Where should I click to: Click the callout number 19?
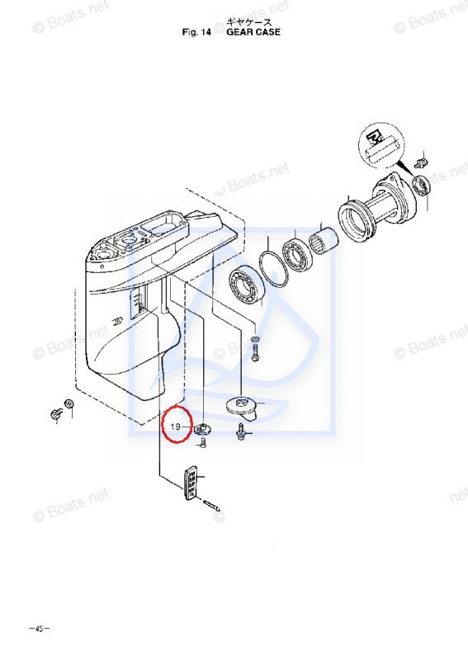175,427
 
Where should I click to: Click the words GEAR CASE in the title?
253,32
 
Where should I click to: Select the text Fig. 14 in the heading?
196,32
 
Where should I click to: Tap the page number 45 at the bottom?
39,629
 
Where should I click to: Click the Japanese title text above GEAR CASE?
249,22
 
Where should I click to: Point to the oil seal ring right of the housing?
421,186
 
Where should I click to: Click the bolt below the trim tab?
241,432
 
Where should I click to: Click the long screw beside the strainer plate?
212,505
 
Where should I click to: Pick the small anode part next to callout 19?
202,429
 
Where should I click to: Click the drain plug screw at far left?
54,415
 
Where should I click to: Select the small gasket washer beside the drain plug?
69,404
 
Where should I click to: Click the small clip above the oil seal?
421,162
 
